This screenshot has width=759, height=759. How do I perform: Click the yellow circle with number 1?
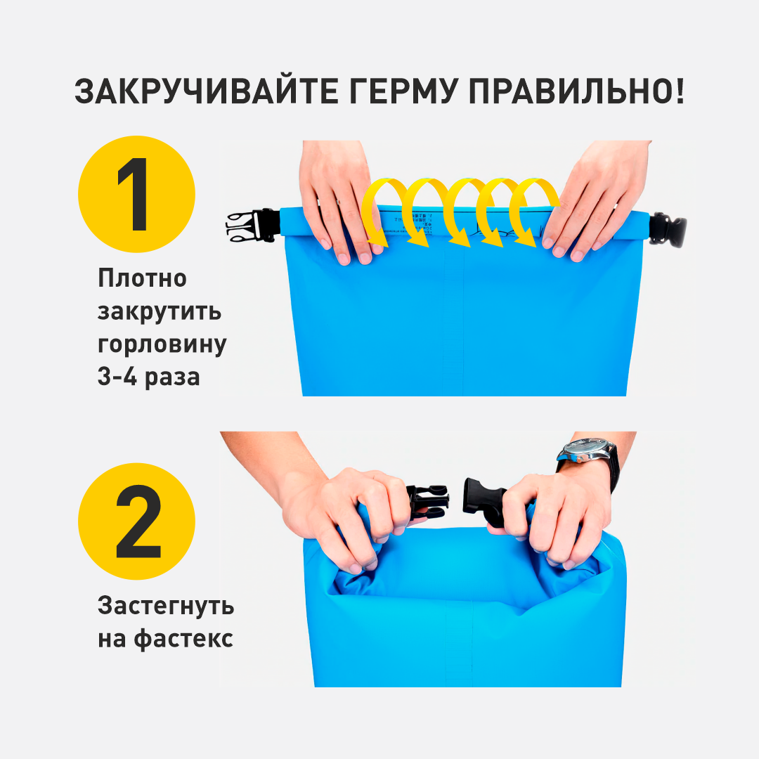pyautogui.click(x=136, y=195)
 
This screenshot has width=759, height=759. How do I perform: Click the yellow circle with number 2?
pyautogui.click(x=136, y=521)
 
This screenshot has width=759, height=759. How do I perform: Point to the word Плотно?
pyautogui.click(x=143, y=278)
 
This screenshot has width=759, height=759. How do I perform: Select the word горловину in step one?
pyautogui.click(x=162, y=344)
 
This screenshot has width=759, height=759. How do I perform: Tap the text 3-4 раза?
pyautogui.click(x=149, y=377)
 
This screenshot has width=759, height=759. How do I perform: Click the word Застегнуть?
pyautogui.click(x=166, y=606)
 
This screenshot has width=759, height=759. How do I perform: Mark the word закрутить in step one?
pyautogui.click(x=159, y=311)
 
